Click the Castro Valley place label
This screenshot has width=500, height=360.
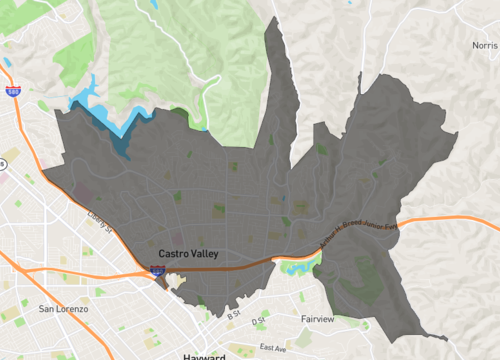click(x=188, y=255)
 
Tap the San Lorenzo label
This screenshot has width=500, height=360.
click(x=63, y=309)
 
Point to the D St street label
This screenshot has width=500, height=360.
click(x=259, y=322)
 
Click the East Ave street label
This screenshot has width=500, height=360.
click(x=272, y=347)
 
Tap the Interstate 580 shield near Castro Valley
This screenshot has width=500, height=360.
click(x=157, y=270)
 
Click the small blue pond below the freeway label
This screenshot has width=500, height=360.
click(x=296, y=266)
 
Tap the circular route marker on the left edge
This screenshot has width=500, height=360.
click(x=3, y=165)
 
